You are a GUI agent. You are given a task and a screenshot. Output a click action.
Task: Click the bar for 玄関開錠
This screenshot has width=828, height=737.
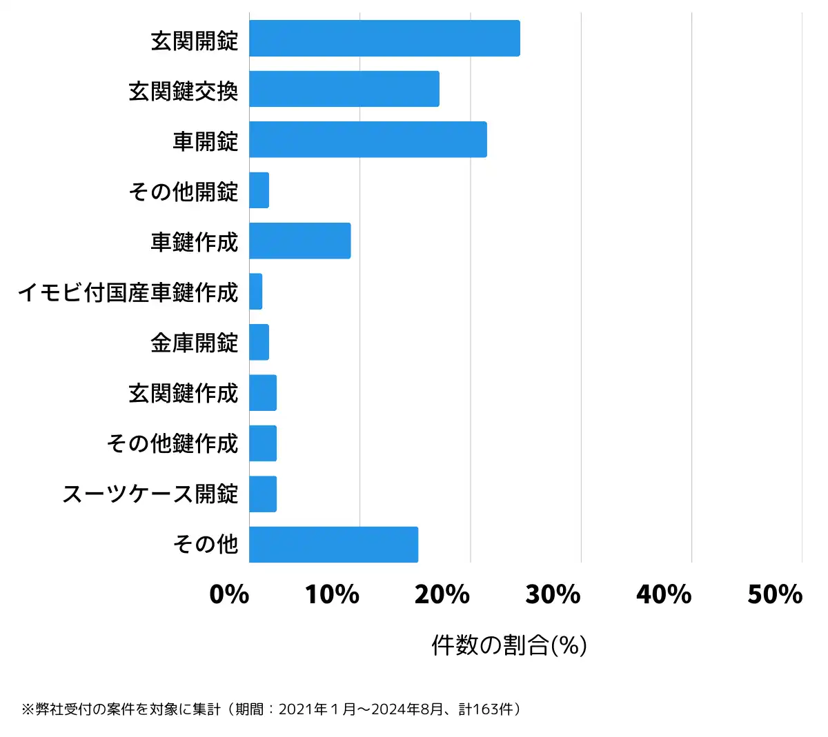pos(384,39)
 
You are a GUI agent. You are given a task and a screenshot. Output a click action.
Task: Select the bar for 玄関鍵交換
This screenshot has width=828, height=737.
pos(344,89)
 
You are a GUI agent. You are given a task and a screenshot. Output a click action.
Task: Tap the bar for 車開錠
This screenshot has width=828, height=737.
pos(368,139)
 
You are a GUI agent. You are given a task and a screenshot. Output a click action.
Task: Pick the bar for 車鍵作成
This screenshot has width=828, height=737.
pos(300,241)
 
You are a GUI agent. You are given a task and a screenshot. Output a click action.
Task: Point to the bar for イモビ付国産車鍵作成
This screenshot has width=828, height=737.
pos(256,292)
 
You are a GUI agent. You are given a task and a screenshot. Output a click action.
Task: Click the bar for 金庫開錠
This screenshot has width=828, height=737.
pos(259,342)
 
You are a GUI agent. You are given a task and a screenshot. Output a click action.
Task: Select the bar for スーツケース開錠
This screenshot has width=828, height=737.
pos(263,494)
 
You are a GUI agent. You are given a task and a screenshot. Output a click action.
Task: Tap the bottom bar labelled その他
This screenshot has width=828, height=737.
pos(334,545)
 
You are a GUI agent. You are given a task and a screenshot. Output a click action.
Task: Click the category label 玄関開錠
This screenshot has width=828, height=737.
pos(195,40)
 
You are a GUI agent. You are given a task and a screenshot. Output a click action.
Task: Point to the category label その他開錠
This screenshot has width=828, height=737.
pos(184,191)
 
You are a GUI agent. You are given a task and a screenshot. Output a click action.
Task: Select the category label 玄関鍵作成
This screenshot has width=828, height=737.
pos(184,393)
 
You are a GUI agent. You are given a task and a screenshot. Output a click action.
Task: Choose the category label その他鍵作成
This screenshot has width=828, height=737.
pos(172,443)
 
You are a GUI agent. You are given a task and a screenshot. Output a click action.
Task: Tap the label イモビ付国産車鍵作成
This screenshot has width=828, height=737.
pos(128,292)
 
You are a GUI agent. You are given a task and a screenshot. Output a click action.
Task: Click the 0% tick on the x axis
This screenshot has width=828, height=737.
pos(229,594)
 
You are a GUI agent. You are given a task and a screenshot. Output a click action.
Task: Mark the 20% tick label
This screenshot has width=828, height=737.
pos(442,594)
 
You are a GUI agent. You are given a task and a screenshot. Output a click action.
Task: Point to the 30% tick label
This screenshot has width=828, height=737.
pos(553,594)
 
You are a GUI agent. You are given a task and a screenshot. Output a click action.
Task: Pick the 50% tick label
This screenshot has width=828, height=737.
pos(775,594)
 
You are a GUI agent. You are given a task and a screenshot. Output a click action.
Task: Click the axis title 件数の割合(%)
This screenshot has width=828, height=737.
pos(509,645)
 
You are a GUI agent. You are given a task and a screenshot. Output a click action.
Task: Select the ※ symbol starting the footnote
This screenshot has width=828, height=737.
pos(28,709)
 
